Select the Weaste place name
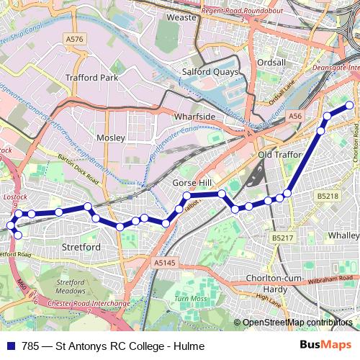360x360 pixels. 181,17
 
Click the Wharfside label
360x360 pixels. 194,115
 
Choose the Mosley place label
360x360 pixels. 111,137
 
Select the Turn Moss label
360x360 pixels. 190,298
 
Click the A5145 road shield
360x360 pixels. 164,264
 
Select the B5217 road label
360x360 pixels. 283,238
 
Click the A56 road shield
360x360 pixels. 294,115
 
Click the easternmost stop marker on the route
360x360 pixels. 351,105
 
